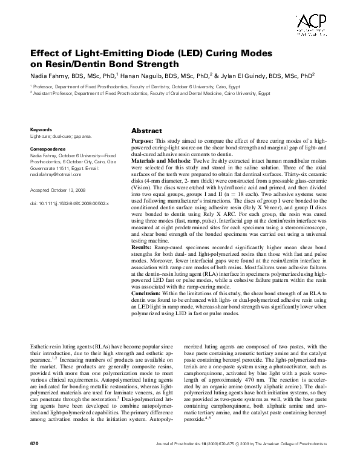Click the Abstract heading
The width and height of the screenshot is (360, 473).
coord(146,131)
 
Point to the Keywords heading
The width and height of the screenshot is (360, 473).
coord(41,129)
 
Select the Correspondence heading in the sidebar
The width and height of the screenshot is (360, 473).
coord(48,148)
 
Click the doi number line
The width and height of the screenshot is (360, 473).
coord(70,204)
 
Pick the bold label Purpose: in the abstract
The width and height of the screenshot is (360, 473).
coord(143,140)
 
